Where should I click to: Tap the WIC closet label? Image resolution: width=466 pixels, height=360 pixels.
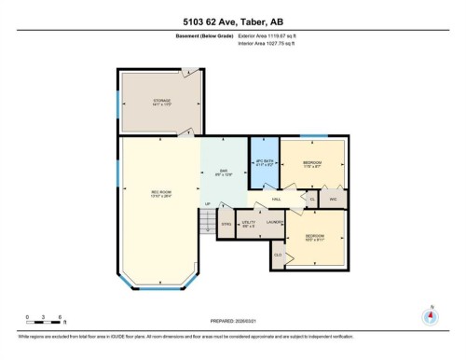pos(334,198)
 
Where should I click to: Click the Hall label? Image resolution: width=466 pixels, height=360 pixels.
pos(277,199)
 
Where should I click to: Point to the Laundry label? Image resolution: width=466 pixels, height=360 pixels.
pos(274,222)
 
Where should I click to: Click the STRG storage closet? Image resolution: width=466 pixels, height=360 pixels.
pos(226,224)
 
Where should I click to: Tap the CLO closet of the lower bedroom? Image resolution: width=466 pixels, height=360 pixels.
pos(278,254)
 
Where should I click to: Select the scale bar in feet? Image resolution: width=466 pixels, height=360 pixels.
pos(46,323)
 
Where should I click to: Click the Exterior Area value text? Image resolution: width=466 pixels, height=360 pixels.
pos(271,35)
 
